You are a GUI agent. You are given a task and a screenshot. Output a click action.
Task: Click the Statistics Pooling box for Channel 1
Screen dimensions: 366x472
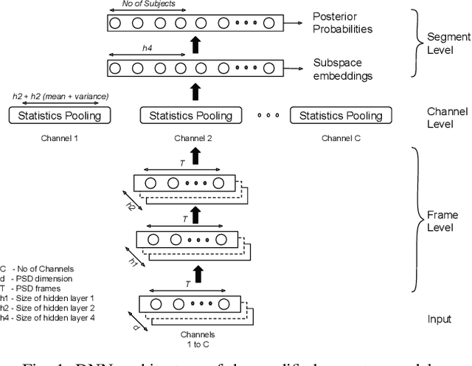pyautogui.click(x=58, y=116)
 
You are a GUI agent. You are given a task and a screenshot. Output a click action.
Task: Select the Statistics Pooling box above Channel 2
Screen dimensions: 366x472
pyautogui.click(x=191, y=116)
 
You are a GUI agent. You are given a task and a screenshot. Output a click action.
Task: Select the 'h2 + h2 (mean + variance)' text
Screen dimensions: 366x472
pyautogui.click(x=60, y=97)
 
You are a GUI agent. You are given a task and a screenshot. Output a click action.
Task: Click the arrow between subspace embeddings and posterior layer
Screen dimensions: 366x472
pyautogui.click(x=195, y=45)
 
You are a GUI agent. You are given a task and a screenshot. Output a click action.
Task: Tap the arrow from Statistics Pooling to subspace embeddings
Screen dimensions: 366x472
pyautogui.click(x=195, y=91)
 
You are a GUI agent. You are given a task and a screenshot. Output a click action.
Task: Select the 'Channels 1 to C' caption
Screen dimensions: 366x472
pyautogui.click(x=195, y=338)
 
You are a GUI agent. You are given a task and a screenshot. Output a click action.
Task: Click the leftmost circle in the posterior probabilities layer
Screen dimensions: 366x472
pyautogui.click(x=114, y=23)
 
